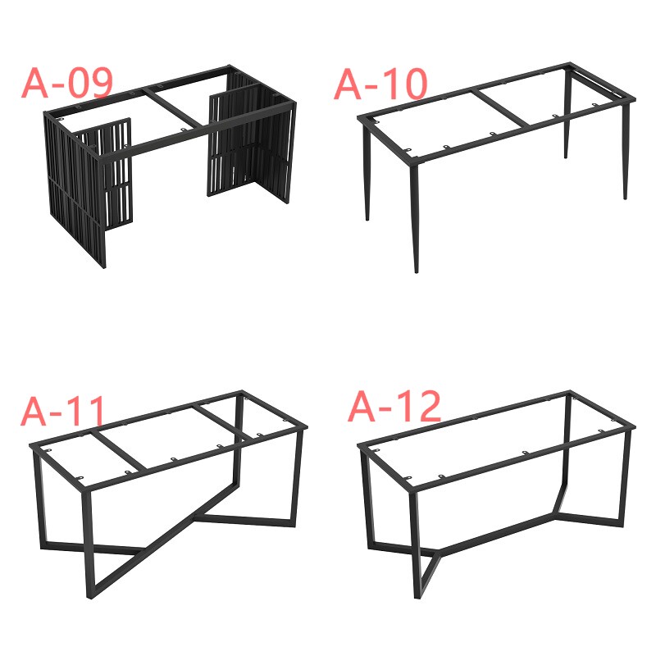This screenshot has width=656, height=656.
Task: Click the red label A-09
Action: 67,83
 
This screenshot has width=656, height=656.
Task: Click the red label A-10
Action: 380,84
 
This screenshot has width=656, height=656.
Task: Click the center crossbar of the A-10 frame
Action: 502,107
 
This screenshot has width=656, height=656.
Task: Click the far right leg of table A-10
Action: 626,151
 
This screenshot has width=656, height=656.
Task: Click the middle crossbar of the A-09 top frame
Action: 172,108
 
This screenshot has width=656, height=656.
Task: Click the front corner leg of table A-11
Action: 89,543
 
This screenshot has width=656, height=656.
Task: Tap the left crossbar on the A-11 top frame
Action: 118,451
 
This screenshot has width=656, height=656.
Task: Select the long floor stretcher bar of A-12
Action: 498,535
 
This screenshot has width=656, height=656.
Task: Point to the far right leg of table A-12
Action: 626,477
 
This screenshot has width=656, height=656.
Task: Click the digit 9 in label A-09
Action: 102,83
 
